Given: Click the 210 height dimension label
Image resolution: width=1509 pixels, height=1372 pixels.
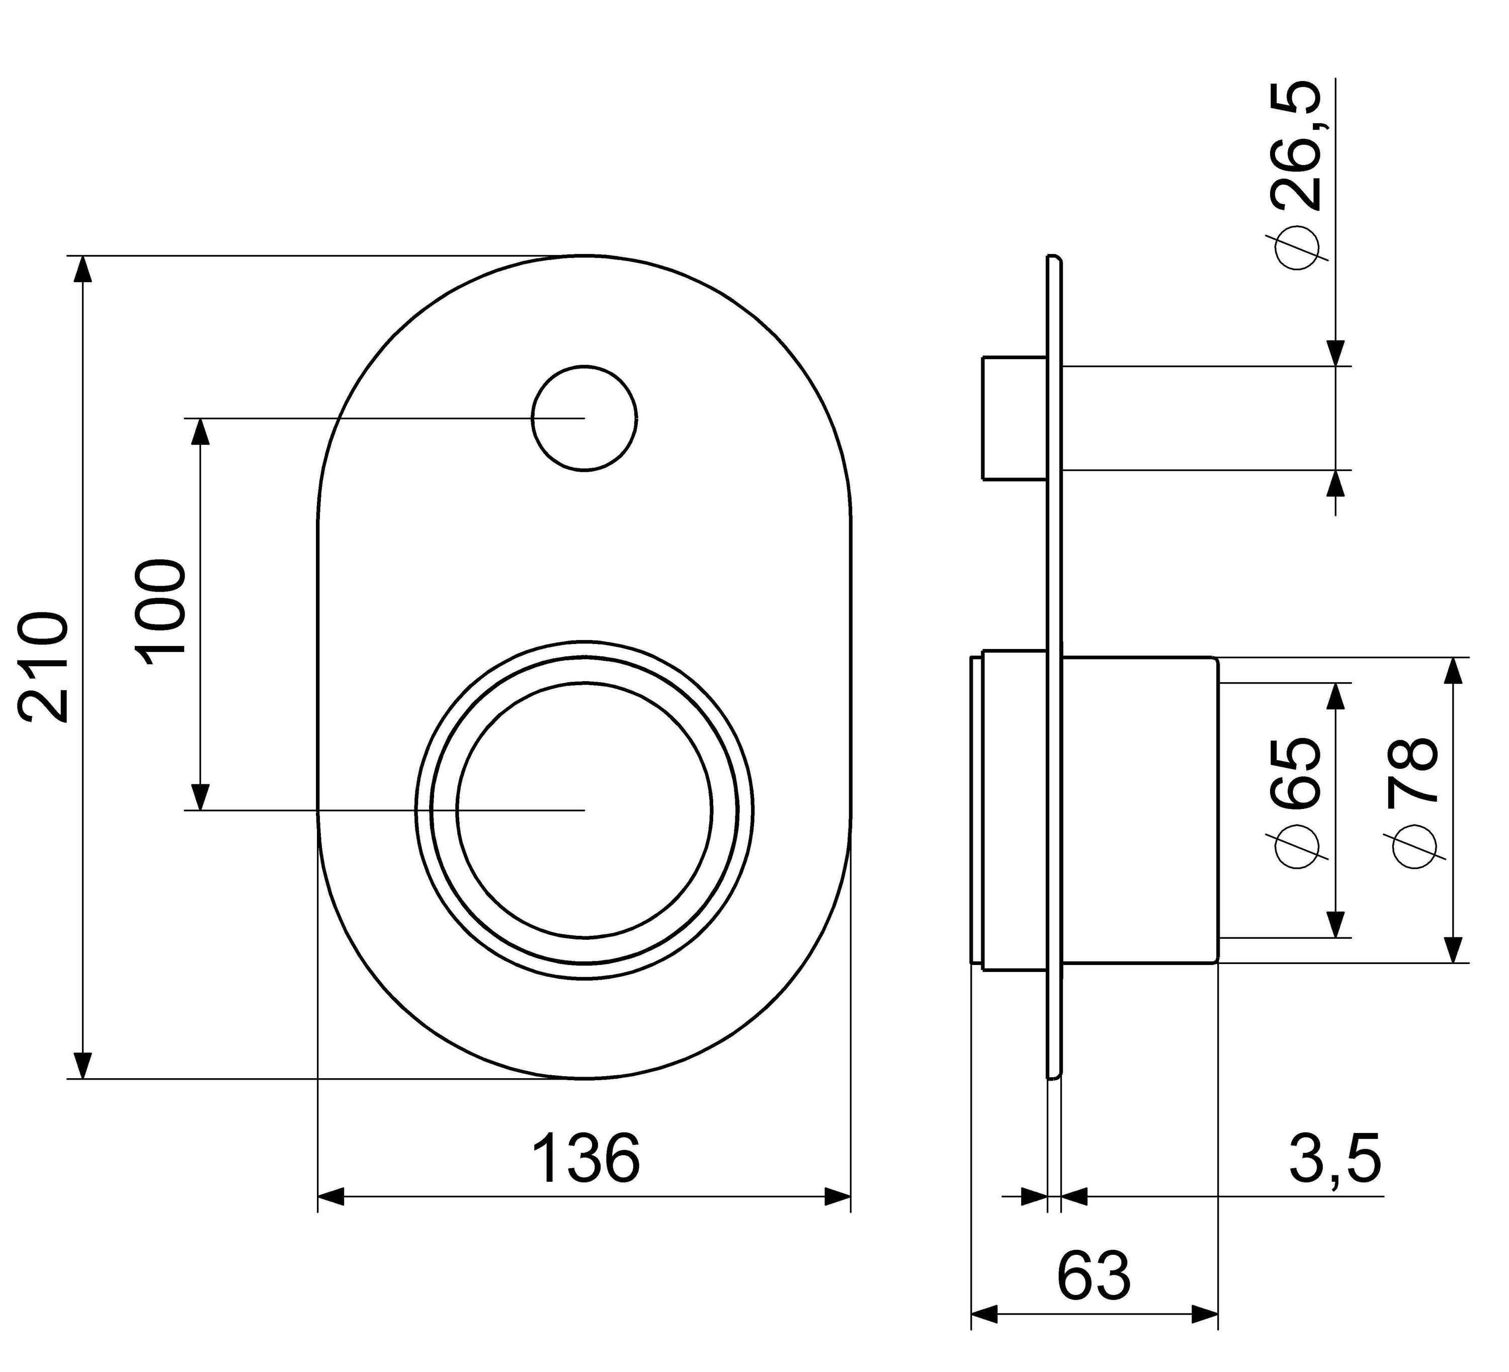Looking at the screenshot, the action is click(x=45, y=669).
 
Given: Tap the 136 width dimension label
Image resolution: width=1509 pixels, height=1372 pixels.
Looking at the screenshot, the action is click(x=586, y=1159).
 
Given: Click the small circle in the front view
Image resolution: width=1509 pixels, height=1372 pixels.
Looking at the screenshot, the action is click(x=584, y=419).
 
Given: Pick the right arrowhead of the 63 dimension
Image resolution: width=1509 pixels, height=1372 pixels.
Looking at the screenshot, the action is click(x=1205, y=1314).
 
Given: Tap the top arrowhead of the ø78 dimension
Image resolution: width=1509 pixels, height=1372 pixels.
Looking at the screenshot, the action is click(x=1453, y=671).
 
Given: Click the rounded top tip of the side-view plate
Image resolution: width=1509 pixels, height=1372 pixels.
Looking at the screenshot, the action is click(x=1053, y=256).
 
